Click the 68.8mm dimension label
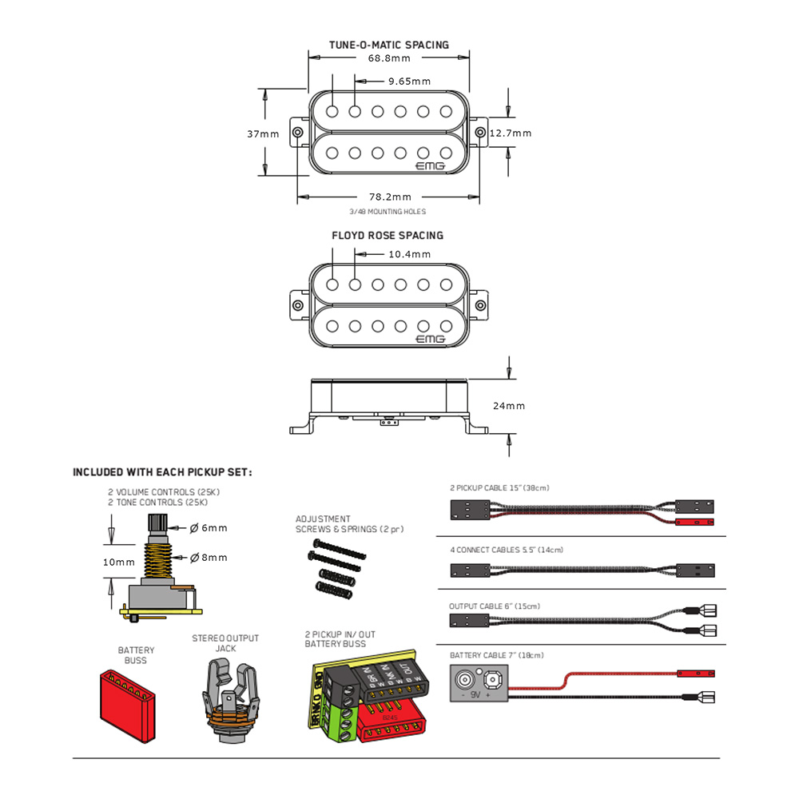pos(389,59)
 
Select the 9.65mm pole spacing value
pos(409,81)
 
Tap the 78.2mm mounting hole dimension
pos(391,197)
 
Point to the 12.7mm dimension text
pos(511,133)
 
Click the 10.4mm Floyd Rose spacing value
pos(409,254)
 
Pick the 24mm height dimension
pos(510,406)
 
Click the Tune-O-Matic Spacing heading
pos(389,45)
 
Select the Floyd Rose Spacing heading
pos(388,236)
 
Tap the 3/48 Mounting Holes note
pos(388,212)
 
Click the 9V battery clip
pos(480,682)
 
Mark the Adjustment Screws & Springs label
pos(323,524)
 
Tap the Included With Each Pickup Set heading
pos(162,472)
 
